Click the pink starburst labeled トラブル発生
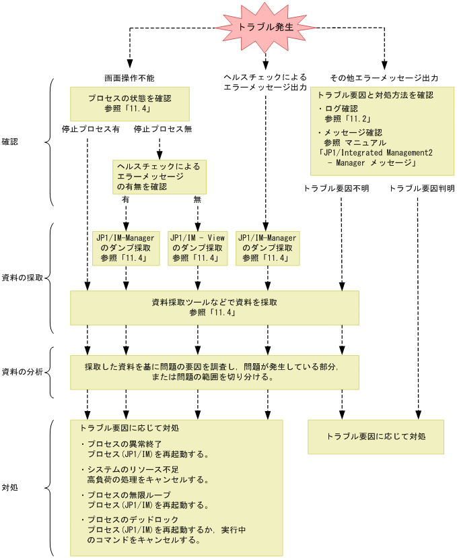tap(265, 28)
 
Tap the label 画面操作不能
tap(129, 77)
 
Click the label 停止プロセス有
tap(90, 129)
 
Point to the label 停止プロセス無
tap(162, 129)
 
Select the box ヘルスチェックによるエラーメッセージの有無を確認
tap(160, 177)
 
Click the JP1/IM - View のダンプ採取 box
tap(197, 247)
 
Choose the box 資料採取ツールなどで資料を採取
tap(215, 308)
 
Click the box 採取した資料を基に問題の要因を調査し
tap(215, 372)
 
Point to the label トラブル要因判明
tap(422, 189)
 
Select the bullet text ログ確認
tap(341, 108)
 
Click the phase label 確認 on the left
tap(10, 142)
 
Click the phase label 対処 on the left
tap(10, 487)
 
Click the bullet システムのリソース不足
tap(131, 470)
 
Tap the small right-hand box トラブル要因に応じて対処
tap(376, 436)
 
